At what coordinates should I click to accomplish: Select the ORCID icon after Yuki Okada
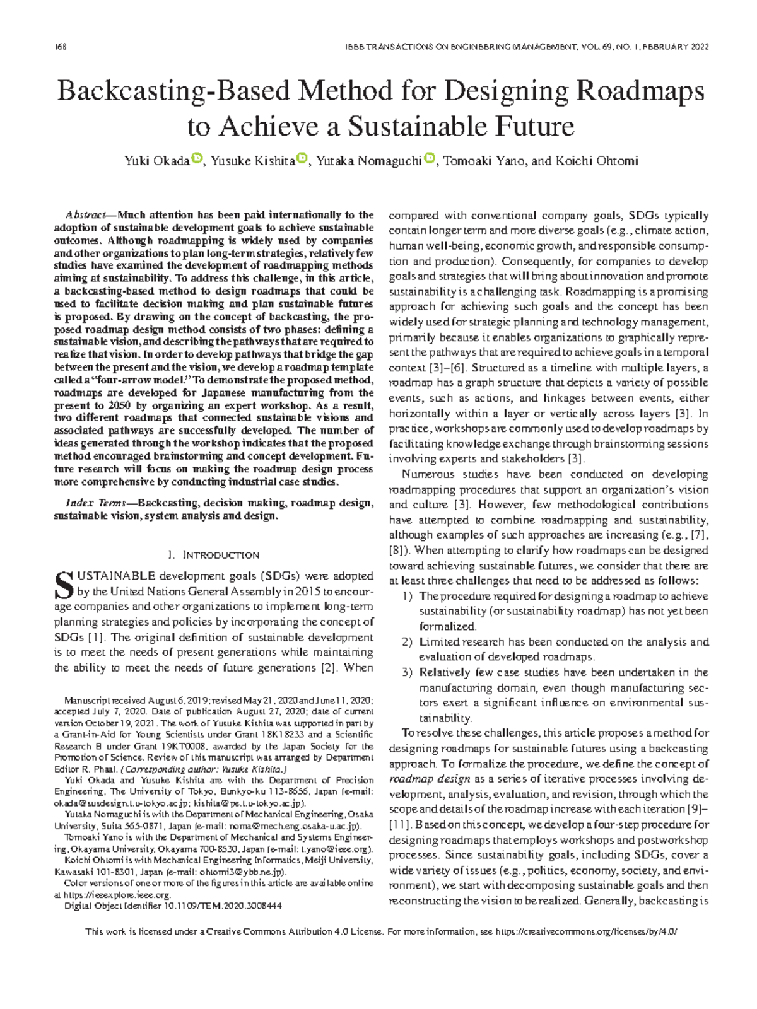(197, 158)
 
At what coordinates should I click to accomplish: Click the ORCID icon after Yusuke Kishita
(302, 158)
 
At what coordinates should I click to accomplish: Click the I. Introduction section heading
(214, 555)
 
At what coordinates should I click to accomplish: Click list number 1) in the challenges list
(408, 596)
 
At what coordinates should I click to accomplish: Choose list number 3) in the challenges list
(408, 672)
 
